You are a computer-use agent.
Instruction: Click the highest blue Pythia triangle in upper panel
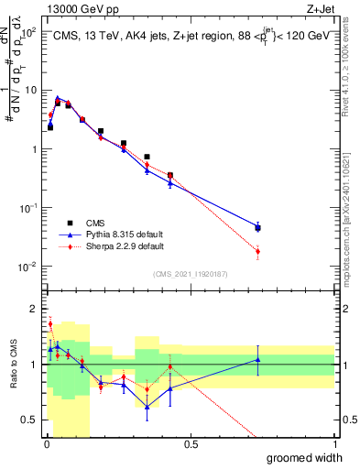pos(57,97)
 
